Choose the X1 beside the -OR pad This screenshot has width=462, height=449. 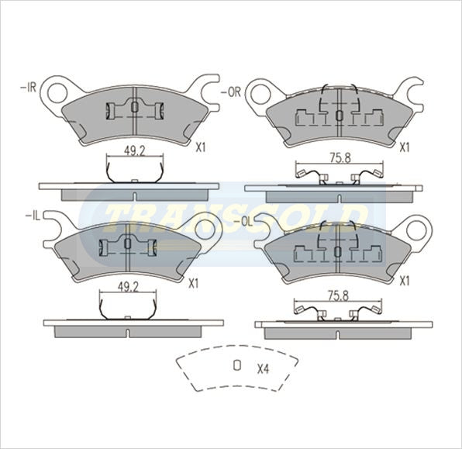tap(405, 145)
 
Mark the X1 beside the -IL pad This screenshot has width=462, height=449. tap(193, 283)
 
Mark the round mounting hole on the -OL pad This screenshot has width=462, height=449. tap(419, 228)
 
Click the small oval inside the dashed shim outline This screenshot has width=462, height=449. tap(238, 367)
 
